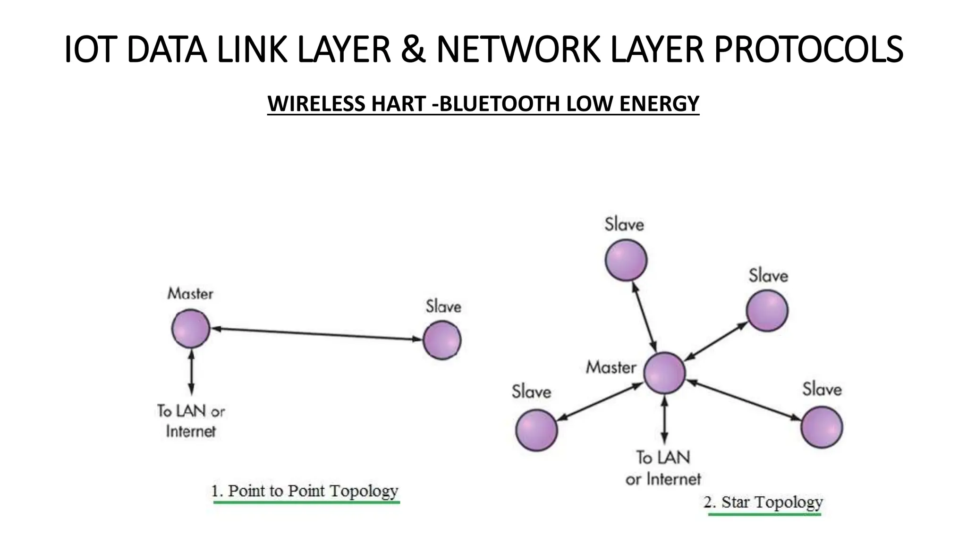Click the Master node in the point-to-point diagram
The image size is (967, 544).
pyautogui.click(x=191, y=329)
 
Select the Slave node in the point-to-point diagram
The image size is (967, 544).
pyautogui.click(x=442, y=340)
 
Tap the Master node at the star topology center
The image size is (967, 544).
pyautogui.click(x=664, y=373)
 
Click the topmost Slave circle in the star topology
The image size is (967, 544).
pyautogui.click(x=626, y=260)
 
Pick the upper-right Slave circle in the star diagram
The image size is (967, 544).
pyautogui.click(x=767, y=311)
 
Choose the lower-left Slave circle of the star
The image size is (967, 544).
pyautogui.click(x=536, y=430)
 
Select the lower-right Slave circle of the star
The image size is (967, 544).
pyautogui.click(x=822, y=427)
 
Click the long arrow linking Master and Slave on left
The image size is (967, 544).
pyautogui.click(x=316, y=334)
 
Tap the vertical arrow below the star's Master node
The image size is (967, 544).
pyautogui.click(x=664, y=419)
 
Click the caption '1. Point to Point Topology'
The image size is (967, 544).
pyautogui.click(x=305, y=491)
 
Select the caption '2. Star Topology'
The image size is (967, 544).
pyautogui.click(x=763, y=502)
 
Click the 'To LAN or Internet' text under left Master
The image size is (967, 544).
pyautogui.click(x=191, y=421)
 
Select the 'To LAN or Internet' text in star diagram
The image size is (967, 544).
pyautogui.click(x=663, y=468)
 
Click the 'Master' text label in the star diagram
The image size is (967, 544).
pyautogui.click(x=611, y=367)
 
